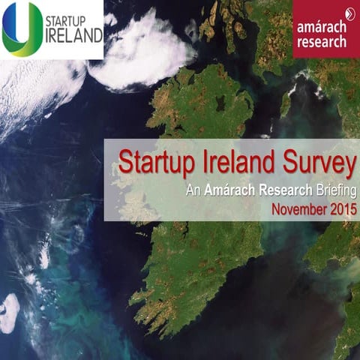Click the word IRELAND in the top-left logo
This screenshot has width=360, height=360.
(x=71, y=35)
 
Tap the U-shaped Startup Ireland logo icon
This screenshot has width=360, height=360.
(x=22, y=28)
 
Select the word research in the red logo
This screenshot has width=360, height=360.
(x=321, y=42)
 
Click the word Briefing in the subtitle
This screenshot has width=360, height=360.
(x=334, y=190)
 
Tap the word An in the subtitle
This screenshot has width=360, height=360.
(x=193, y=190)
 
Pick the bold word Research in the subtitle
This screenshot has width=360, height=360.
(x=285, y=190)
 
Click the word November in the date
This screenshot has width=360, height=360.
(x=298, y=209)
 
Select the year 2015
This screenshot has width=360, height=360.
(x=341, y=209)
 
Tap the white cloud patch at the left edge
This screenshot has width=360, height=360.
(x=9, y=313)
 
